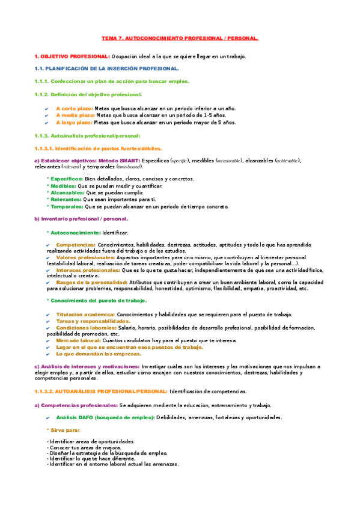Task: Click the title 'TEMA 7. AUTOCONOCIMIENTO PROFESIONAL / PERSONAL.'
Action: [180, 38]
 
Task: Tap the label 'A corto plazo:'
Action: [75, 108]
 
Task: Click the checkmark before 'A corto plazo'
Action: [47, 108]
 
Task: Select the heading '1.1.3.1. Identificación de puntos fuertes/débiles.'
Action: [98, 147]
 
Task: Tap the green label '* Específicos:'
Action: [64, 179]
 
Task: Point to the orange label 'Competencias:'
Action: [76, 244]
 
